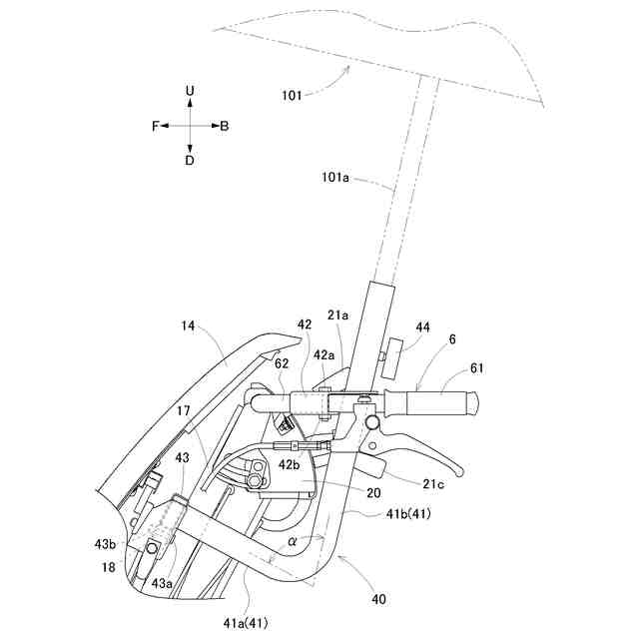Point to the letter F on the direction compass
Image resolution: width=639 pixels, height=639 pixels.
tap(156, 126)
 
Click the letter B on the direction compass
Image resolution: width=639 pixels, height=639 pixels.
tap(225, 126)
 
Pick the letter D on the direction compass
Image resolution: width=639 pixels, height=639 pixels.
tap(190, 160)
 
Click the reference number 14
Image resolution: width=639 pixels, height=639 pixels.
tap(188, 325)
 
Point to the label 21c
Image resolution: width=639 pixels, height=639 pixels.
tap(433, 484)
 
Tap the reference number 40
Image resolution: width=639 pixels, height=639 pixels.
tap(379, 599)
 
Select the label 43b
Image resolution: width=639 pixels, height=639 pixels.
tap(107, 544)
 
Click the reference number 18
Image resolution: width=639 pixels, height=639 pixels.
tap(109, 567)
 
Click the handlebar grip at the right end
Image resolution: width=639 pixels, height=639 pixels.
tap(437, 404)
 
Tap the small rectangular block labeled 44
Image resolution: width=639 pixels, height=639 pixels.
tap(392, 359)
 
